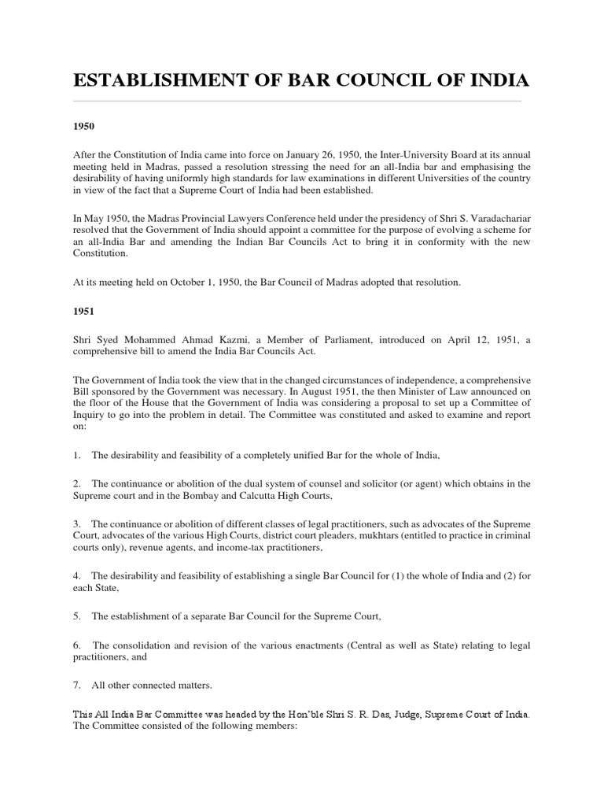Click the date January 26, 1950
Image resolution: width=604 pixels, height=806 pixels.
[315, 157]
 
